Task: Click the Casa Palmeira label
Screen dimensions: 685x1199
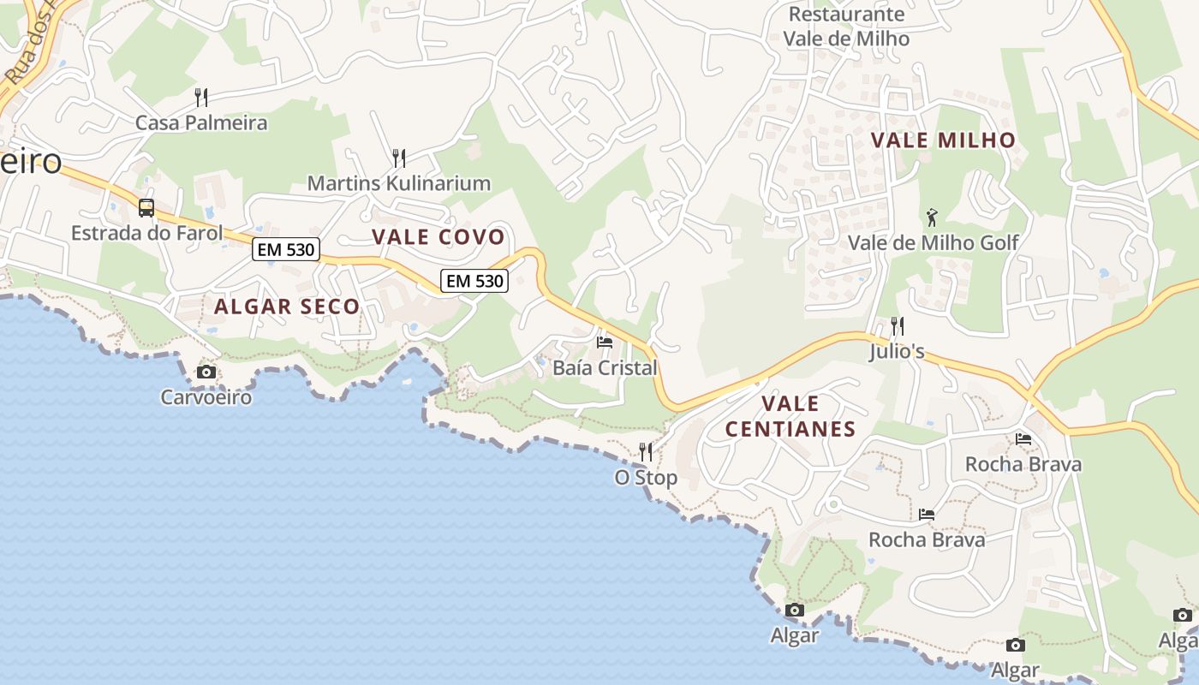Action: click(x=201, y=123)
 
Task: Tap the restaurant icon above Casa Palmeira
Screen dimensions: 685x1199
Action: click(x=201, y=97)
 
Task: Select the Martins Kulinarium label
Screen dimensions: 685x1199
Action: click(x=398, y=183)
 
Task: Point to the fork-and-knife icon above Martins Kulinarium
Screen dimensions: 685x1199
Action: click(x=398, y=158)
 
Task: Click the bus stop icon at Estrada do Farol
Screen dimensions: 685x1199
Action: click(x=146, y=207)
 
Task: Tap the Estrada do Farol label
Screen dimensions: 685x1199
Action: click(x=146, y=233)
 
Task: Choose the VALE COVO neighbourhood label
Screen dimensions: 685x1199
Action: click(x=438, y=237)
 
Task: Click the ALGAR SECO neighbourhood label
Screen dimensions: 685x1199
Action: click(x=287, y=307)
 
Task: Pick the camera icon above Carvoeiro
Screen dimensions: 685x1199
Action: click(x=206, y=372)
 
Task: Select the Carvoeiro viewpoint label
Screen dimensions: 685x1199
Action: click(x=206, y=397)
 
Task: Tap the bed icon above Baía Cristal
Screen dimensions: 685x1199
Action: click(x=605, y=342)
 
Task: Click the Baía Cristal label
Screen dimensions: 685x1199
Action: click(x=605, y=368)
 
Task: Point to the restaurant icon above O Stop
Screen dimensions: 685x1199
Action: click(x=646, y=452)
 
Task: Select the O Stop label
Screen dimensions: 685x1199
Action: click(x=646, y=478)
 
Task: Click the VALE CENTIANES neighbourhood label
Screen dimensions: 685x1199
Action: click(x=790, y=416)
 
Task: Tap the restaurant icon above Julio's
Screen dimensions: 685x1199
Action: click(x=897, y=325)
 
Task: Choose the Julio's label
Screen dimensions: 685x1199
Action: click(x=897, y=351)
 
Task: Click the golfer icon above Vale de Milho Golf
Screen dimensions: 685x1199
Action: click(x=933, y=217)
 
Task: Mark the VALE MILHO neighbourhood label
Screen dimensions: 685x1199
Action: click(x=943, y=140)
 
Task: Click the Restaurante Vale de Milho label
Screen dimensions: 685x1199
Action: click(x=846, y=27)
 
